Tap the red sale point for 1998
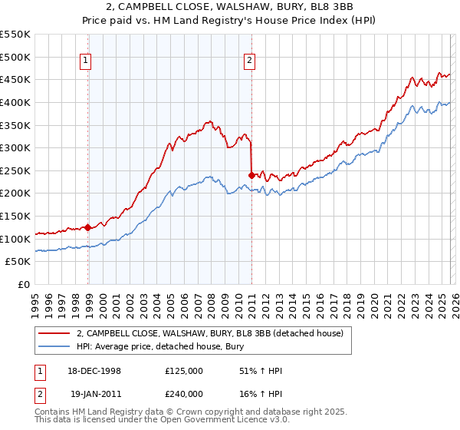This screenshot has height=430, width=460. pyautogui.click(x=88, y=227)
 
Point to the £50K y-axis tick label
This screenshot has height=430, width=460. pyautogui.click(x=18, y=262)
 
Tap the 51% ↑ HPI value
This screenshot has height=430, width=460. pyautogui.click(x=261, y=371)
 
